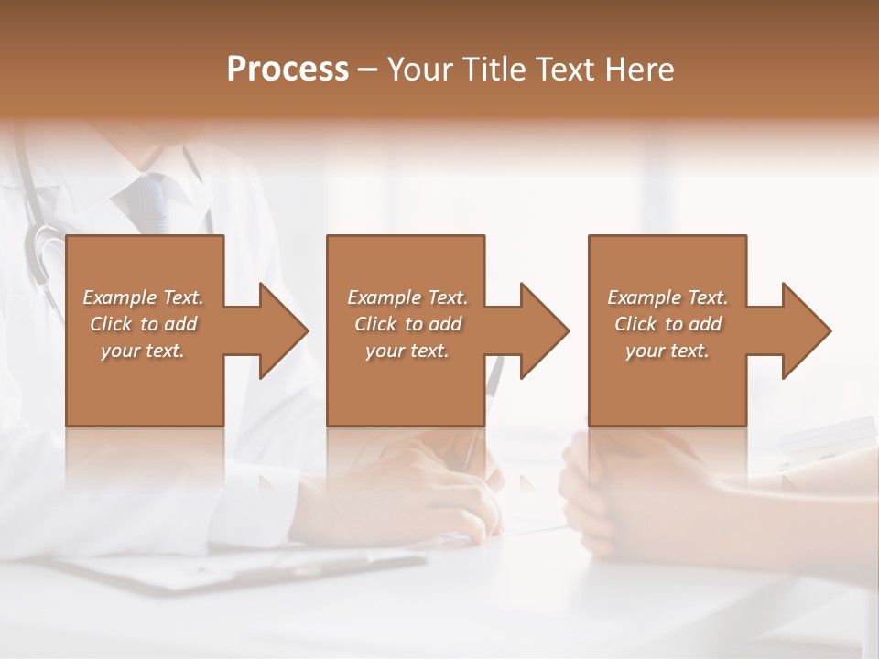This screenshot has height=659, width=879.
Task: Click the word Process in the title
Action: [288, 70]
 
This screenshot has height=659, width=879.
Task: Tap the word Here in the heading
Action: [639, 70]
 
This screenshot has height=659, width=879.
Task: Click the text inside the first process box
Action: [143, 324]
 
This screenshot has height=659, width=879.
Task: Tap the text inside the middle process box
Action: [407, 324]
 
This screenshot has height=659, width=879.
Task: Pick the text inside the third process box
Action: [667, 324]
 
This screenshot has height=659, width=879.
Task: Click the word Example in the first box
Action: [120, 297]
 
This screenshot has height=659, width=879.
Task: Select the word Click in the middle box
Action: [374, 324]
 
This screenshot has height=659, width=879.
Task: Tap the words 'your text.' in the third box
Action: [667, 351]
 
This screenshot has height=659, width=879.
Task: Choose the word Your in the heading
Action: [420, 70]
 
